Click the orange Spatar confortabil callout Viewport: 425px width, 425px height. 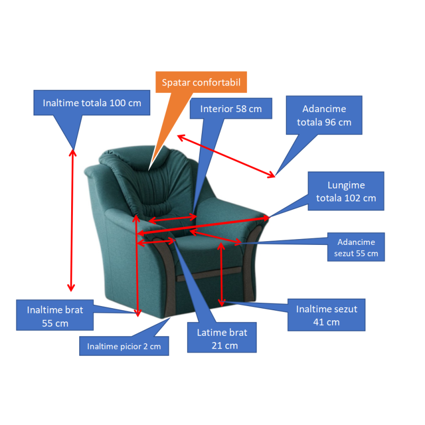point(201,83)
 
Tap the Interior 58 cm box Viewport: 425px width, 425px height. point(231,109)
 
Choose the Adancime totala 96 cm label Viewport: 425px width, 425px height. point(324,115)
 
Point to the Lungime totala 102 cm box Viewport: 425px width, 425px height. point(346,191)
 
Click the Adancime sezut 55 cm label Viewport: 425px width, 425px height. point(355,247)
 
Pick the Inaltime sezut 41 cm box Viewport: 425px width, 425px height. point(327,316)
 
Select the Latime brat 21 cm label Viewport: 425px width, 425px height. point(222,339)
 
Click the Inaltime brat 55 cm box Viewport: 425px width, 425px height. point(55,316)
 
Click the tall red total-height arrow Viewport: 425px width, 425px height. point(72,218)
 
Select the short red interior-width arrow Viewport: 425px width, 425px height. point(173,218)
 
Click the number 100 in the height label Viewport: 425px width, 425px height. point(117,103)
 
